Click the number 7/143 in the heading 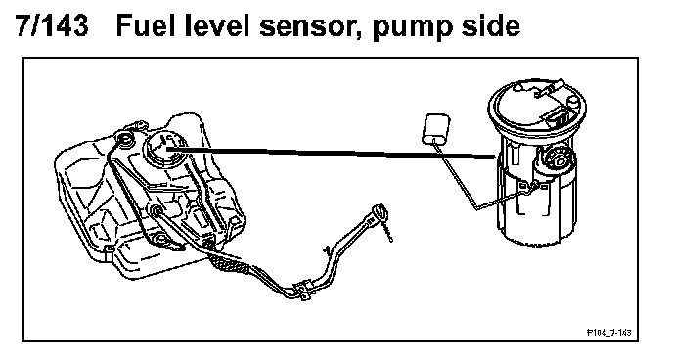pyautogui.click(x=52, y=25)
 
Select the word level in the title pyautogui.click(x=217, y=25)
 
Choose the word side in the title pyautogui.click(x=490, y=25)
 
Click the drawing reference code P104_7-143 pyautogui.click(x=609, y=332)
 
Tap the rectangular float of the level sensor pyautogui.click(x=436, y=128)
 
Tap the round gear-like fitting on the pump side pyautogui.click(x=557, y=159)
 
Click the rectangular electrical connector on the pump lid pyautogui.click(x=557, y=117)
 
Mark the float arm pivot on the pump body pyautogui.click(x=535, y=185)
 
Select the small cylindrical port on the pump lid pyautogui.click(x=573, y=103)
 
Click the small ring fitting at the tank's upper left pyautogui.click(x=125, y=138)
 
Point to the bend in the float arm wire pyautogui.click(x=476, y=209)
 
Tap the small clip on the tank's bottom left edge pyautogui.click(x=108, y=249)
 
